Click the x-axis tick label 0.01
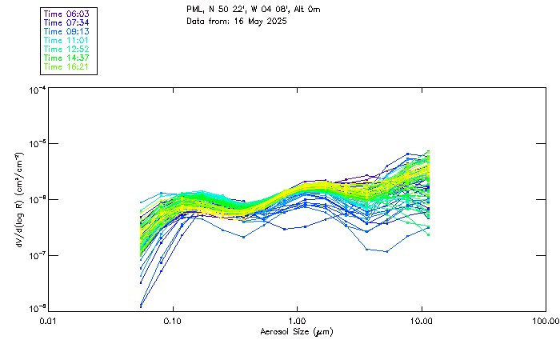[x=48, y=321]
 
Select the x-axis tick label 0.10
[x=172, y=321]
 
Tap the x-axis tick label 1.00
[x=297, y=321]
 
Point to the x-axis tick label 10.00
[x=422, y=321]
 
